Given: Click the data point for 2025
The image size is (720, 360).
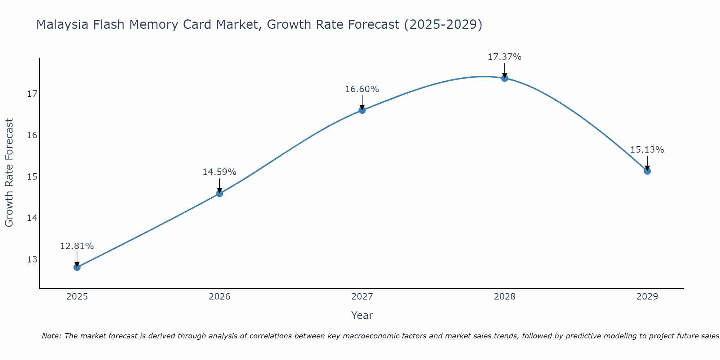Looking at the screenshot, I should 77,267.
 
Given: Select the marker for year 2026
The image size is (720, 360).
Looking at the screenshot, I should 220,194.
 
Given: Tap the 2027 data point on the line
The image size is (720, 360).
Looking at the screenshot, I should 362,110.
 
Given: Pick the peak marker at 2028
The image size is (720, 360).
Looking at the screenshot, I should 505,78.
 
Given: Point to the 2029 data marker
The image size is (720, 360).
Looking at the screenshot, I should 647,171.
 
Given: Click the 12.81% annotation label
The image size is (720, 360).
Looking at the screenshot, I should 77,246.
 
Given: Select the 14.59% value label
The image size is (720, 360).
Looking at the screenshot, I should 220,172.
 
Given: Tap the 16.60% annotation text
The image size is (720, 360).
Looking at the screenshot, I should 362,89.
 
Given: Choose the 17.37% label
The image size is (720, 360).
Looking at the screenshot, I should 505,57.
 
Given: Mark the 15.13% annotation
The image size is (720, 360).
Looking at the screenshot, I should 647,150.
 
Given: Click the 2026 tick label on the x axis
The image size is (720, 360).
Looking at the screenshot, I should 220,297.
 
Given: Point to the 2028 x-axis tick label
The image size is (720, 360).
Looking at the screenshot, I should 505,297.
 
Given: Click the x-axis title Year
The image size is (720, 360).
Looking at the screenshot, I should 362,315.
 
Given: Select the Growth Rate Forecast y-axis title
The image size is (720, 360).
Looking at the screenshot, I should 9,173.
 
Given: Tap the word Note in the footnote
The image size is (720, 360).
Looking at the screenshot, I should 51,336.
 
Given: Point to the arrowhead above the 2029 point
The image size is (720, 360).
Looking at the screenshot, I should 647,168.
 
